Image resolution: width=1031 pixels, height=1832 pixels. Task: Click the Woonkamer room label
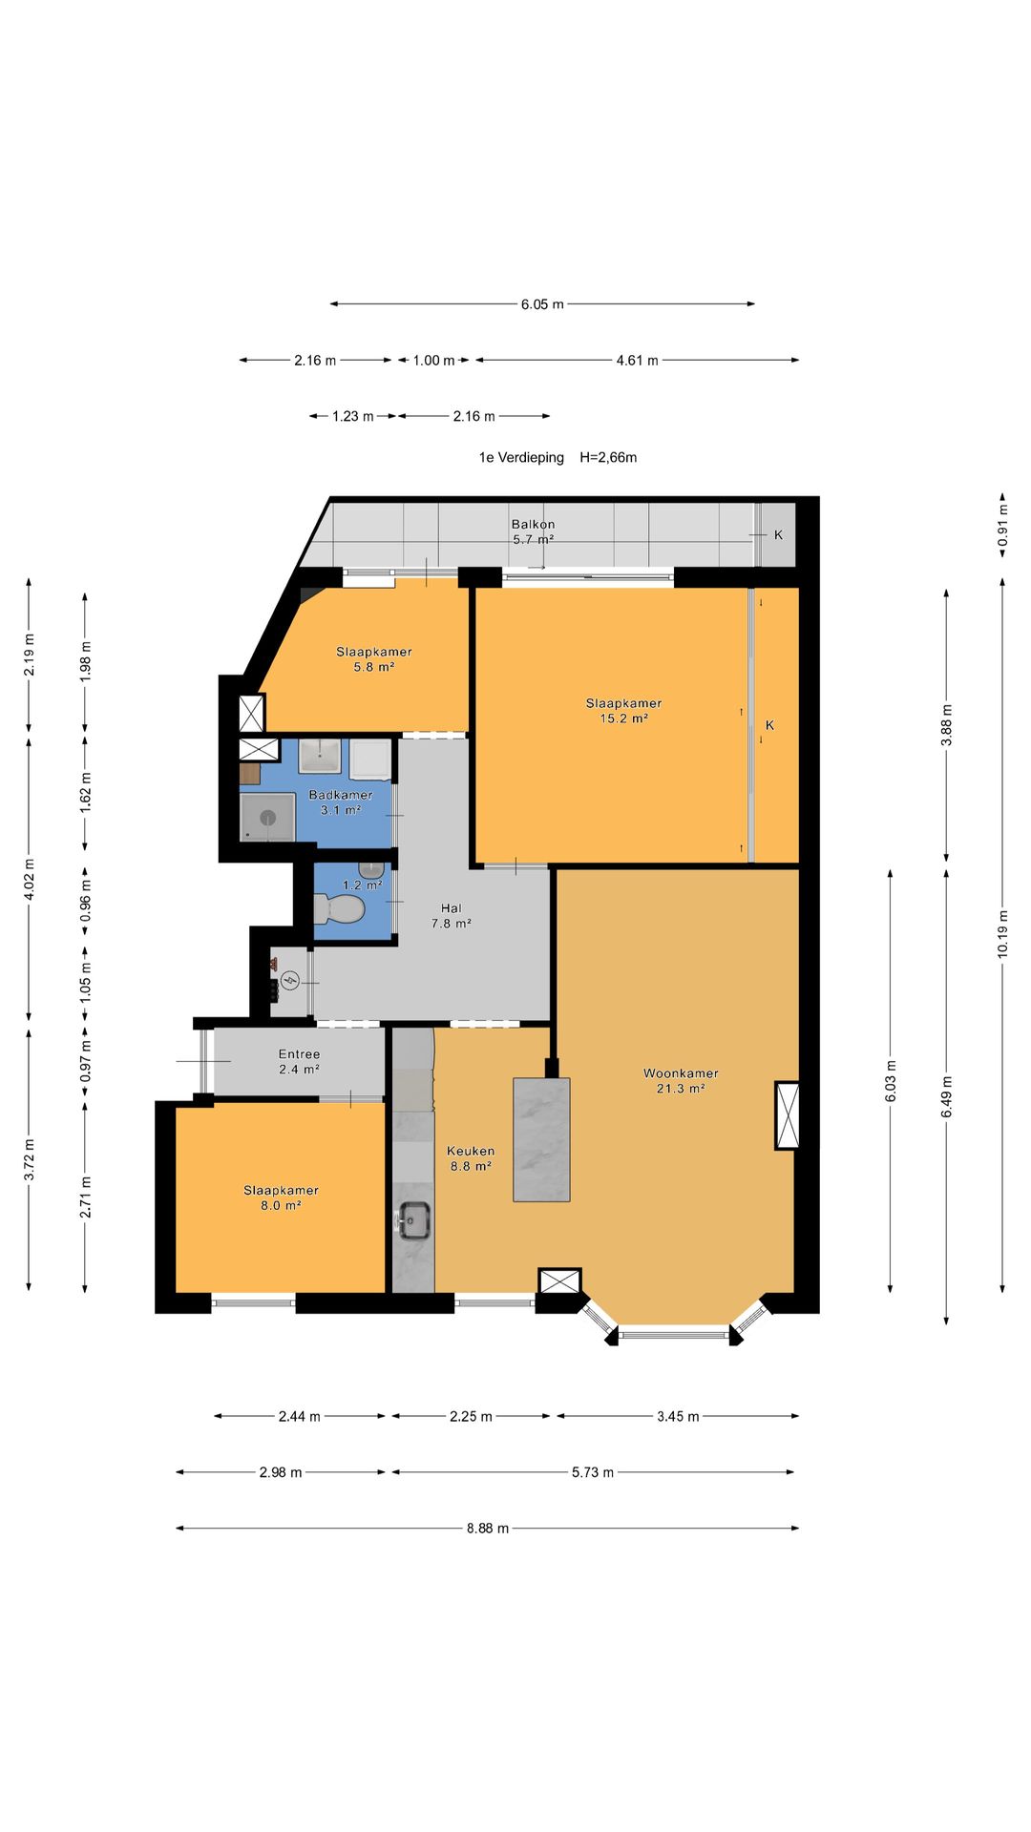[x=681, y=1072]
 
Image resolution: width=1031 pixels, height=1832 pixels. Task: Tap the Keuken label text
[x=471, y=1151]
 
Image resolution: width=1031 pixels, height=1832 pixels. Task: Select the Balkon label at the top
[x=533, y=524]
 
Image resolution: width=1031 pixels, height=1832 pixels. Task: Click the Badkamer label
[x=341, y=795]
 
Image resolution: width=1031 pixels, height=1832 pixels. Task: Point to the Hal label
[x=452, y=908]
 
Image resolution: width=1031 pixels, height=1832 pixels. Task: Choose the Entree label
[x=299, y=1054]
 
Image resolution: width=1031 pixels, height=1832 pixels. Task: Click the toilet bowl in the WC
[x=340, y=908]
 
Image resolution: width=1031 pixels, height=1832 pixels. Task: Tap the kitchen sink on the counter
[x=413, y=1218]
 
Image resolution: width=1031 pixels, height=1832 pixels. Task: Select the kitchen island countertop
[x=541, y=1139]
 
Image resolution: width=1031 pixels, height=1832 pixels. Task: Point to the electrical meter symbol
[x=292, y=981]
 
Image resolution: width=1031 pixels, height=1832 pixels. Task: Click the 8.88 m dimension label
[x=488, y=1528]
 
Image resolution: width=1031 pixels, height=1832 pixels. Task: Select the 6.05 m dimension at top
[x=542, y=304]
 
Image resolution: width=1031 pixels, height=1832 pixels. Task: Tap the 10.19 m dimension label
[x=1002, y=933]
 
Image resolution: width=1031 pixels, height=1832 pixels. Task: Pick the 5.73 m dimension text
[x=593, y=1472]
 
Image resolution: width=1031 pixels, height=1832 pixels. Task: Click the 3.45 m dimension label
[x=678, y=1416]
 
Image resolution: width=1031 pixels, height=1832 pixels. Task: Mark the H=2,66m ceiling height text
[x=608, y=457]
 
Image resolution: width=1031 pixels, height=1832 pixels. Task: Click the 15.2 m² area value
[x=623, y=718]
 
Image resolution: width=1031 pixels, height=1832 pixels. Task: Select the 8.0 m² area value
[x=281, y=1205]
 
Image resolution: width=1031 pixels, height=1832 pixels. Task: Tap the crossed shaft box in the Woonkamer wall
[x=787, y=1115]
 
